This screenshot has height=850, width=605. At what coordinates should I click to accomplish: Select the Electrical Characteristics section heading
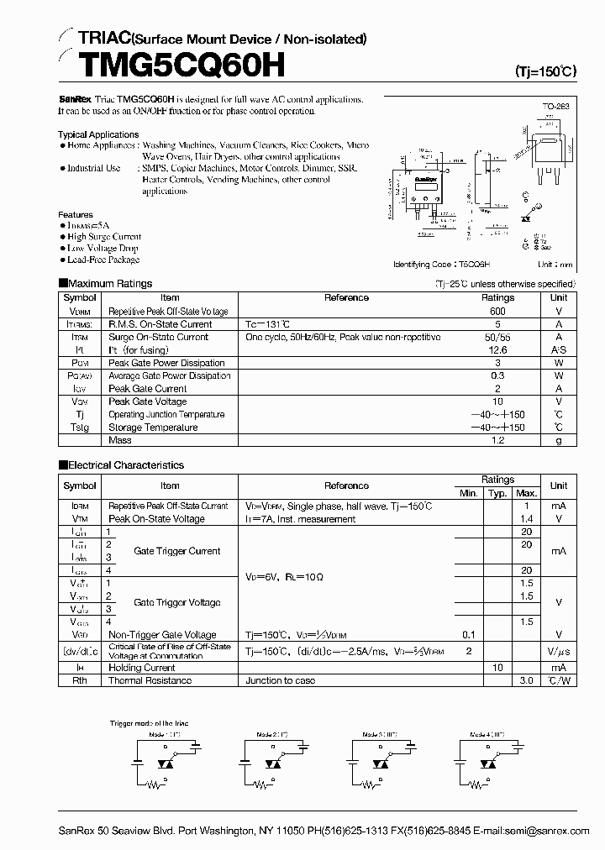pyautogui.click(x=124, y=464)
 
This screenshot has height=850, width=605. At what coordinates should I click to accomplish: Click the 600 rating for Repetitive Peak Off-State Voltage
pyautogui.click(x=497, y=311)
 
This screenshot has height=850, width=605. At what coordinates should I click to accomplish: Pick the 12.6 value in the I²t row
pyautogui.click(x=497, y=349)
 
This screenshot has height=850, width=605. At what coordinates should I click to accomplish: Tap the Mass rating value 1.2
pyautogui.click(x=497, y=440)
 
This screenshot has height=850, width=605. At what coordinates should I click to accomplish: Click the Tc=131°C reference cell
pyautogui.click(x=268, y=323)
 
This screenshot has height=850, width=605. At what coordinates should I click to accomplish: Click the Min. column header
pyautogui.click(x=468, y=492)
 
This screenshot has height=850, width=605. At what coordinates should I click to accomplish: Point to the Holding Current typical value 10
pyautogui.click(x=497, y=667)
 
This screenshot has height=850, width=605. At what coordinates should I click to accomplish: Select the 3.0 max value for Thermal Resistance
pyautogui.click(x=527, y=680)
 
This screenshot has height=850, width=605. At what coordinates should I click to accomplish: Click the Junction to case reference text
pyautogui.click(x=281, y=680)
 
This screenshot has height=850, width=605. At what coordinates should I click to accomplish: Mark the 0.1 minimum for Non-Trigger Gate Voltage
pyautogui.click(x=468, y=635)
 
